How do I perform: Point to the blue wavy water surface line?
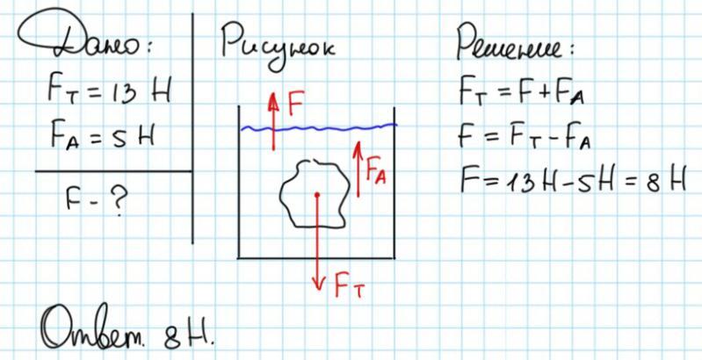tap(334, 130)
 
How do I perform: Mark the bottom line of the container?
tap(316, 258)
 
